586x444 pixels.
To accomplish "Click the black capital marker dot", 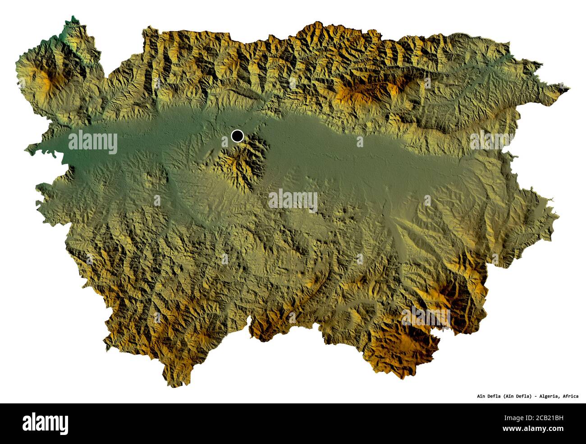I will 237,135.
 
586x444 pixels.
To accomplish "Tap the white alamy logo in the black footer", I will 45,423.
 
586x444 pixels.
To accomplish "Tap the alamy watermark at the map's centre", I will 293,201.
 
